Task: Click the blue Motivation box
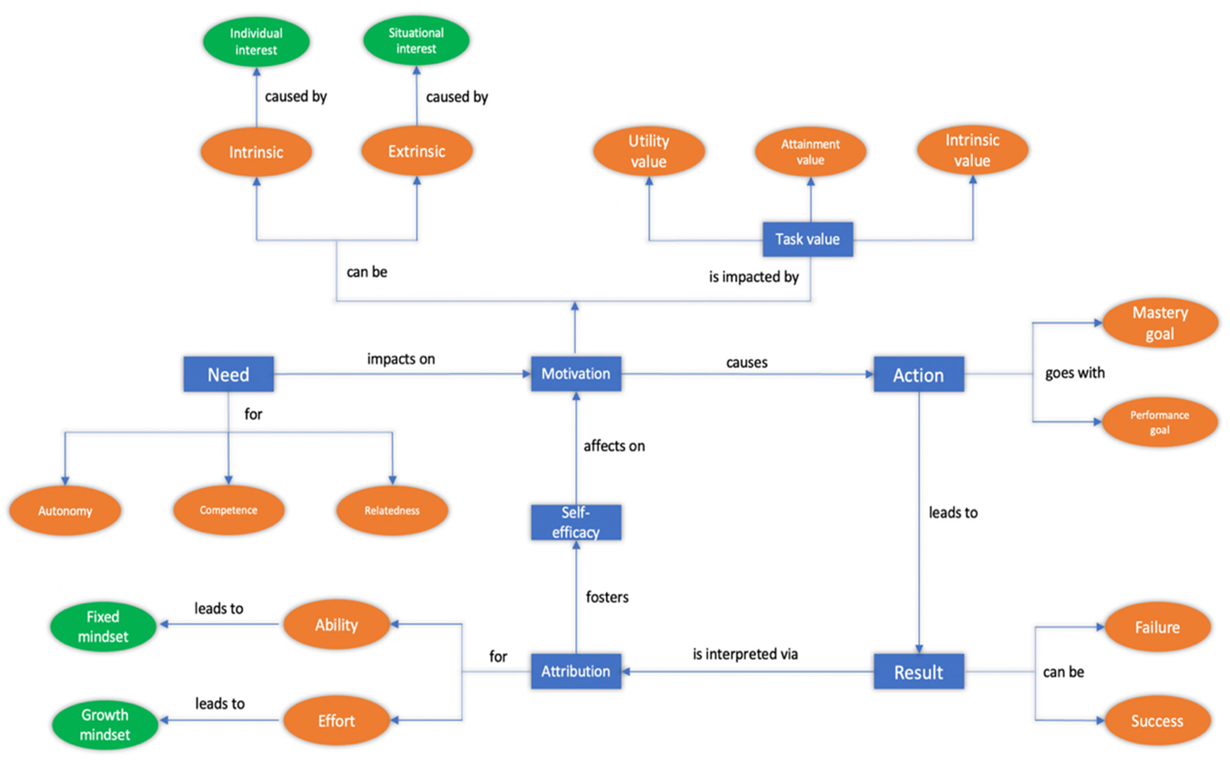576,374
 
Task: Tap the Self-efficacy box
576,522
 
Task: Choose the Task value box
808,239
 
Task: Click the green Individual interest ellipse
256,41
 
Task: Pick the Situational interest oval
416,41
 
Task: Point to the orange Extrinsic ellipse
417,151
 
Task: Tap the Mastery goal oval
1160,323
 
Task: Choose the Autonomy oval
65,511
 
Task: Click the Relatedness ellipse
392,511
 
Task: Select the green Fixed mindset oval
103,626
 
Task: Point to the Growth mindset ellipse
105,724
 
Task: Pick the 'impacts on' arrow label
401,359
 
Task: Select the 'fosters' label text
607,597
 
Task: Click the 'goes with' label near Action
1075,373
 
